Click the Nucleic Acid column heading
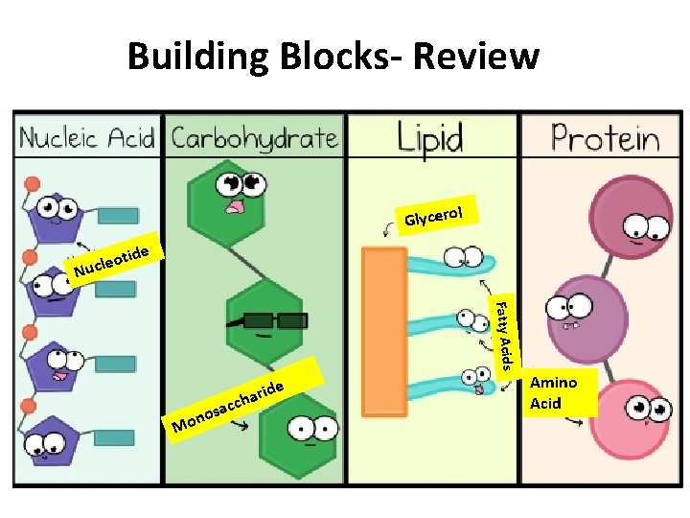coord(87,139)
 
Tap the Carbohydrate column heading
coord(254,139)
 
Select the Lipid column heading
coord(430,139)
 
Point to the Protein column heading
coord(605,139)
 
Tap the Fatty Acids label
coord(504,332)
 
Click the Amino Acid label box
coord(553,392)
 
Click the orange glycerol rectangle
coord(383,325)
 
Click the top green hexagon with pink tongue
coord(230,197)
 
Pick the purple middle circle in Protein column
coord(576,310)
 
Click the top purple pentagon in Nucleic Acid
coord(57,216)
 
